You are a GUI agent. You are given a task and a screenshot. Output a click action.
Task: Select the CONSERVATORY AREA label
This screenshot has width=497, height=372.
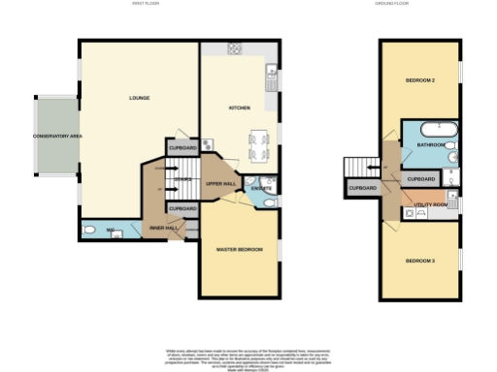pyautogui.click(x=56, y=137)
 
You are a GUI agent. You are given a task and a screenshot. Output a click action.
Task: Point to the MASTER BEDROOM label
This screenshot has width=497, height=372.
pyautogui.click(x=240, y=251)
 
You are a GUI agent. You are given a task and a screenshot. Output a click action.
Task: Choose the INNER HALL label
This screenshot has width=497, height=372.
pyautogui.click(x=162, y=229)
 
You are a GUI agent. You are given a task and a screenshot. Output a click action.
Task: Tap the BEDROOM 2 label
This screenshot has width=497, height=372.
pyautogui.click(x=418, y=80)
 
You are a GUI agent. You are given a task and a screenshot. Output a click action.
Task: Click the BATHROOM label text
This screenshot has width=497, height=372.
pyautogui.click(x=430, y=145)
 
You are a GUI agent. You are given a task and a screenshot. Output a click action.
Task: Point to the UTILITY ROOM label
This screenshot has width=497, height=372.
pyautogui.click(x=428, y=204)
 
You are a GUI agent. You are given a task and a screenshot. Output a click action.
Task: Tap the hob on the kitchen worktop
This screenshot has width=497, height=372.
pyautogui.click(x=235, y=48)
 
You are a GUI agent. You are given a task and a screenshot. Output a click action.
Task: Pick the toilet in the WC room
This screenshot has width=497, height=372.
pyautogui.click(x=89, y=231)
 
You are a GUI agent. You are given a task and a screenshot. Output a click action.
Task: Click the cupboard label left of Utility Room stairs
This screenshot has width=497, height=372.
pyautogui.click(x=362, y=187)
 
